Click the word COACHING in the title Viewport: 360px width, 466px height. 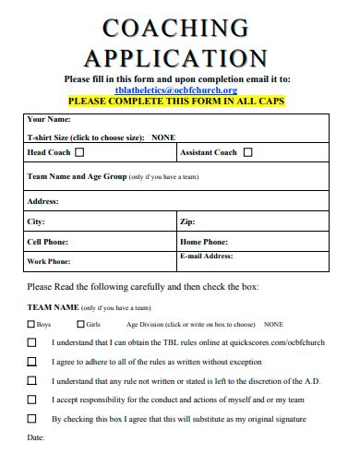175,29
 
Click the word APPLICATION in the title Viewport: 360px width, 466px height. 176,58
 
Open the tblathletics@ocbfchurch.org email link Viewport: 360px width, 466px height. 176,90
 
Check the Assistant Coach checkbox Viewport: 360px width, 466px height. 245,152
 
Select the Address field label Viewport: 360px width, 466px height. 43,200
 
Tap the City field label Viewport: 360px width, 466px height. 36,221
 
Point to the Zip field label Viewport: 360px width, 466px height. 187,221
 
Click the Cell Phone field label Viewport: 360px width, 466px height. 49,242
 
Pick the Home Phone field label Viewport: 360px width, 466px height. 204,242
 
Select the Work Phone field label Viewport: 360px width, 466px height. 49,261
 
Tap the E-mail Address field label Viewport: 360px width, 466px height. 206,256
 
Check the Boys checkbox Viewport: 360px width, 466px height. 31,325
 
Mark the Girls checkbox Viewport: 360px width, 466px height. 80,325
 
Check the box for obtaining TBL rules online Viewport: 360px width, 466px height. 32,343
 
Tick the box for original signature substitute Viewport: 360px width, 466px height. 32,418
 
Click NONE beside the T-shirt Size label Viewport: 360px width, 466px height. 162,137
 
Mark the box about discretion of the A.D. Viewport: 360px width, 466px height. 32,380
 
